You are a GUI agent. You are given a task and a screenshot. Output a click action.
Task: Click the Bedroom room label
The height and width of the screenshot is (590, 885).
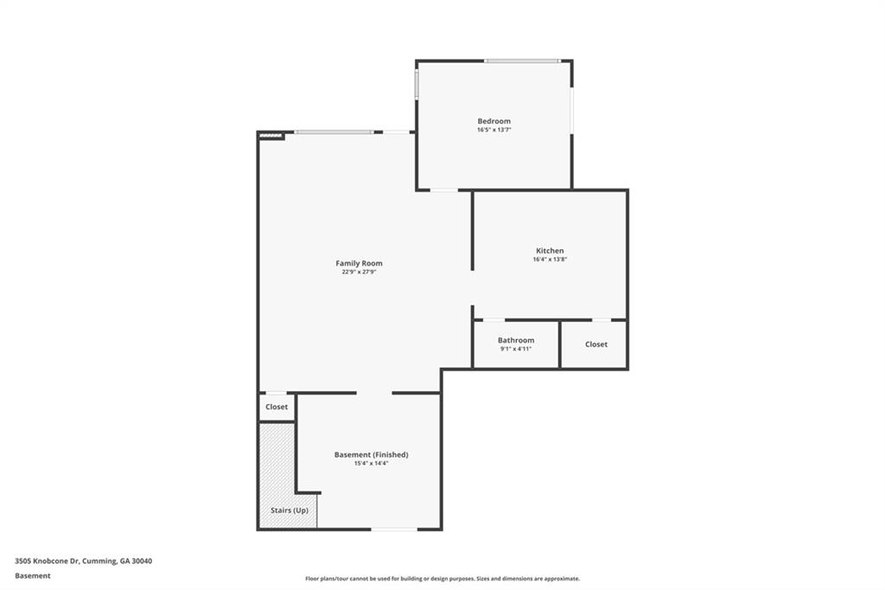pos(493,121)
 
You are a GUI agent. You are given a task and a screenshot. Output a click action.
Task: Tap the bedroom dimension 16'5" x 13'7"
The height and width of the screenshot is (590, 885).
pos(493,130)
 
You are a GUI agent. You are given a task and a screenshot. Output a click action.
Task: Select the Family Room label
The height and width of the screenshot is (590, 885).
pos(359,263)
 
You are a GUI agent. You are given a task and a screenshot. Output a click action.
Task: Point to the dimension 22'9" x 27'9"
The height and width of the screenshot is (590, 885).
pos(359,272)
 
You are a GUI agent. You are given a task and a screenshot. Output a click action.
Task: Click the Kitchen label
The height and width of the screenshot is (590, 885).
pos(550,251)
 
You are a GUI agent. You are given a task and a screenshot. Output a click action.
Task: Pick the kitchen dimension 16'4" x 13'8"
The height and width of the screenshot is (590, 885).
pos(550,260)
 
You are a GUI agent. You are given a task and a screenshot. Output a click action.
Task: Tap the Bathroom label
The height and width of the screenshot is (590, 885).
pos(516,340)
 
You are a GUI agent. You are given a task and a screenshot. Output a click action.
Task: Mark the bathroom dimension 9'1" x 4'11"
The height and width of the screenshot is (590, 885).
pos(516,349)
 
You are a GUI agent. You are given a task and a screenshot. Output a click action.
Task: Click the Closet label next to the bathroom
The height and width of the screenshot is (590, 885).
pos(596,344)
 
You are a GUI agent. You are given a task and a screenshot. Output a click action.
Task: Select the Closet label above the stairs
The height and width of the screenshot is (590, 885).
pos(277,407)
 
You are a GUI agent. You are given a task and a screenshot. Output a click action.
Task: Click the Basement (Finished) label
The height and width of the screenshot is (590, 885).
pos(371,454)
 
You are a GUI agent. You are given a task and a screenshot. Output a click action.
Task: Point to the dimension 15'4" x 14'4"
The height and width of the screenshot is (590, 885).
pos(371,464)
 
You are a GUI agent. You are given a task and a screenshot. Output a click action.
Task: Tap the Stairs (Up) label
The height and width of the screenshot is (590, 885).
pos(289,510)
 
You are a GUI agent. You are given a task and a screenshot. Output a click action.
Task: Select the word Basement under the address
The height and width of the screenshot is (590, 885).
pos(32,575)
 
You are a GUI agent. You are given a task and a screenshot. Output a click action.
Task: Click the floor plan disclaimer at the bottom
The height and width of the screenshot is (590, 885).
pos(442,579)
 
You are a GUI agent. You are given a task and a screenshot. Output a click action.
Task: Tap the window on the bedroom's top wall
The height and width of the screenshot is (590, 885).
pos(521,61)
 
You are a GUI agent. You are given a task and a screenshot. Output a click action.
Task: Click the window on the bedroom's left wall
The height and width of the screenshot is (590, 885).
pos(417,84)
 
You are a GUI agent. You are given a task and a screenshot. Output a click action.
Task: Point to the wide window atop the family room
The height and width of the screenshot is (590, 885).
pos(334,132)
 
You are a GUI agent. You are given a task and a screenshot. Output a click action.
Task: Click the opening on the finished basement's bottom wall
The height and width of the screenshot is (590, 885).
pos(393,529)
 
